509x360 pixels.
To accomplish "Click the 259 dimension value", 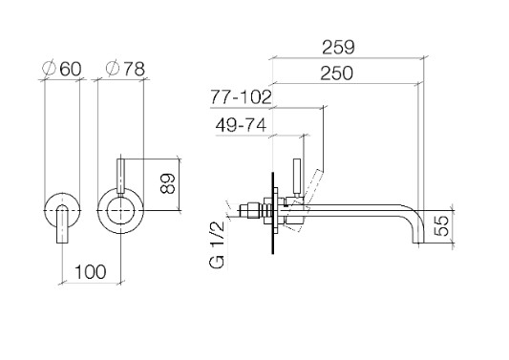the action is [338, 48].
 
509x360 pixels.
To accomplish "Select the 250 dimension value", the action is [337, 74].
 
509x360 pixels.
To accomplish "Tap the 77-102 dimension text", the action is [241, 96].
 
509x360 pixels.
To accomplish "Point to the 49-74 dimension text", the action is [242, 125].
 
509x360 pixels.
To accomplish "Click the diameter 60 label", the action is [62, 69].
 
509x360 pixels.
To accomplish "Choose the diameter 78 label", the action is [125, 69].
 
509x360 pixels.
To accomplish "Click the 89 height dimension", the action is [168, 184].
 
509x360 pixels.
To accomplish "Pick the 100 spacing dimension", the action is [91, 272].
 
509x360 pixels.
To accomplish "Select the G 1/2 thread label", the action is [218, 245].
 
